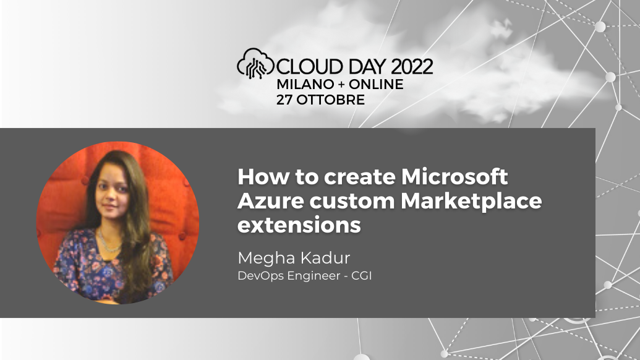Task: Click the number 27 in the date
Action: tap(285, 100)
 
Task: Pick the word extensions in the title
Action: tap(299, 225)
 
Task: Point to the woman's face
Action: tap(109, 185)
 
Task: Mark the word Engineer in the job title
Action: tap(311, 275)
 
